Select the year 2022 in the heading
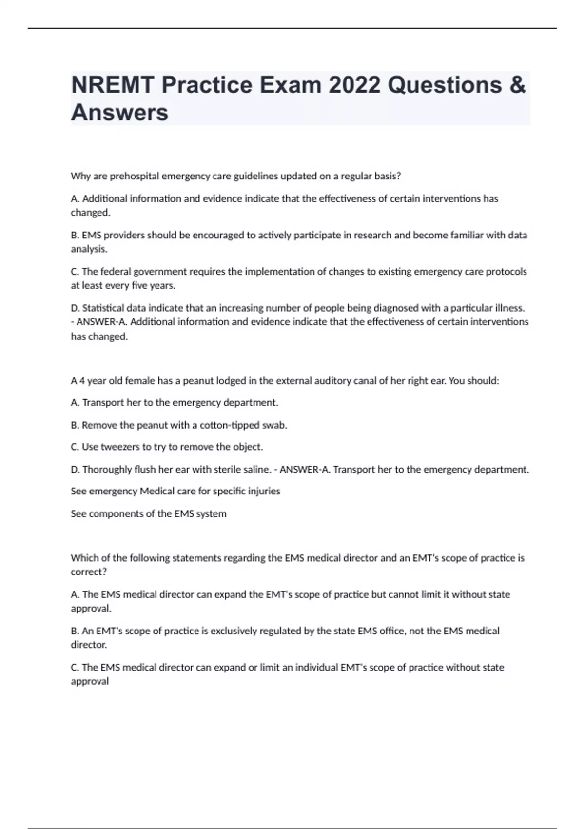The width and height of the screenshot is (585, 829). point(354,85)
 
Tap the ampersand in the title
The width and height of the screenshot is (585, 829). point(519,85)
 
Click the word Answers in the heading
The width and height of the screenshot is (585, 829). point(119,113)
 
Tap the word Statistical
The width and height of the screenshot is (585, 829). point(103,308)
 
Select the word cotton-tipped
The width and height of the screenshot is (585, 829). point(230,425)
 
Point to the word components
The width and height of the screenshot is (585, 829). point(116,513)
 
